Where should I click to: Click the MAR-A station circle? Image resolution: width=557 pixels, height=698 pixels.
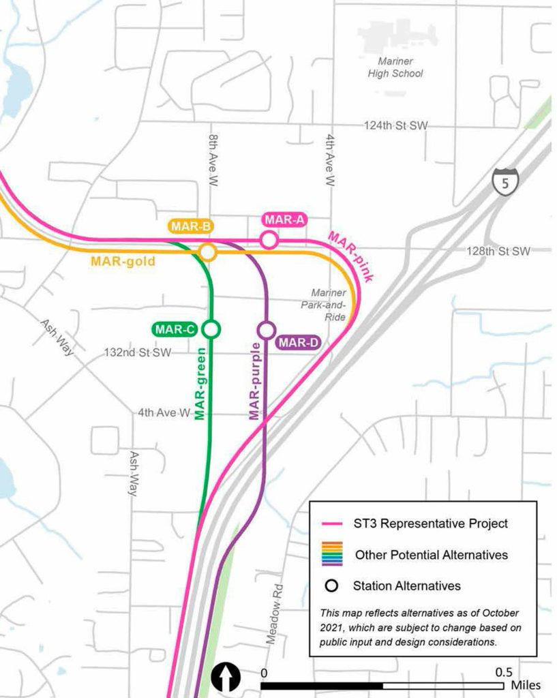click(x=269, y=240)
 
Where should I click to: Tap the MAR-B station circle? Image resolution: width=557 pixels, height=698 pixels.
click(x=208, y=253)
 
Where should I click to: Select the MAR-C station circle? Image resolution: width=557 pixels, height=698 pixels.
click(x=212, y=330)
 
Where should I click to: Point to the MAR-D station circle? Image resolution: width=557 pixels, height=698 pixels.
click(x=266, y=330)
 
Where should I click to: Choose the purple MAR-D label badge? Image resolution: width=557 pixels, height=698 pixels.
click(x=298, y=343)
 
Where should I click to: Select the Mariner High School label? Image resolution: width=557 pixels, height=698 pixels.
click(x=400, y=67)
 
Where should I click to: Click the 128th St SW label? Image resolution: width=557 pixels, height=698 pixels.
click(x=498, y=252)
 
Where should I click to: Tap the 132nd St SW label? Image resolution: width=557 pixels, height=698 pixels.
click(x=137, y=353)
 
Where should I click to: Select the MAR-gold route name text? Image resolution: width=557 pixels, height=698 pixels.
click(x=123, y=261)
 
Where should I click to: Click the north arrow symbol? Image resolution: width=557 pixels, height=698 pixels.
click(x=226, y=677)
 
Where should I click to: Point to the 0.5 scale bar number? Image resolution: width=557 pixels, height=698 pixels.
click(x=504, y=671)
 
